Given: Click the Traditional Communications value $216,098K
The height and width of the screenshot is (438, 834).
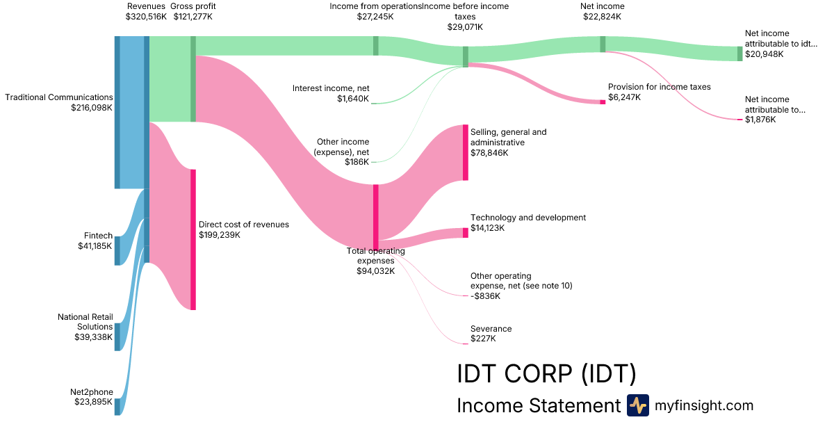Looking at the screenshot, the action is tap(92, 108).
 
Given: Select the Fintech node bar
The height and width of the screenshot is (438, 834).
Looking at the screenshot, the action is tap(117, 250).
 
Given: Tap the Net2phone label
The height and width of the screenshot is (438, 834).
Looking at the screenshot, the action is tap(91, 392).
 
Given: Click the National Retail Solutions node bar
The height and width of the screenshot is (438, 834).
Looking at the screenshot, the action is tap(117, 336).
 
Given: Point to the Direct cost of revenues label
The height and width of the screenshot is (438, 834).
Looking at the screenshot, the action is tap(243, 225).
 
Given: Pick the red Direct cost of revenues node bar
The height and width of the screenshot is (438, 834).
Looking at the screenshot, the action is tap(193, 239).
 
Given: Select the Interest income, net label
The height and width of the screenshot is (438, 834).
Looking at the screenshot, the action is tap(331, 88).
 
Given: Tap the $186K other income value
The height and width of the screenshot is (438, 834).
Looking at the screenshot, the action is tap(357, 162).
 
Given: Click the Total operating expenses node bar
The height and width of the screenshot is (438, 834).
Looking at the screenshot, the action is tap(376, 216).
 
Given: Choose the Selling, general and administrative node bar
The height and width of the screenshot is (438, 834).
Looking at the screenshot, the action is tap(466, 152).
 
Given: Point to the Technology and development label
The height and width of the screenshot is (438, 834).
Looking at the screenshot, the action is tap(528, 218).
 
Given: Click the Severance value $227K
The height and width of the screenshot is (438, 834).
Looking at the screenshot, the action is tap(483, 339).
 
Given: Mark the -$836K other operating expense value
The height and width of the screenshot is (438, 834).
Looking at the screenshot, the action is tap(485, 296).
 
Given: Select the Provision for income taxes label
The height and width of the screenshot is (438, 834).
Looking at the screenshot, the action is tap(659, 87).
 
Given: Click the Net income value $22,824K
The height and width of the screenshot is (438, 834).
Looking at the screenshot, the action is tap(602, 16).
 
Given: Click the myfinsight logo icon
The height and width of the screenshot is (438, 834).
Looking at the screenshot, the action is tap(637, 405).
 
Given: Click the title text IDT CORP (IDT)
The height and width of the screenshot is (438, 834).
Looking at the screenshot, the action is tap(546, 373).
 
